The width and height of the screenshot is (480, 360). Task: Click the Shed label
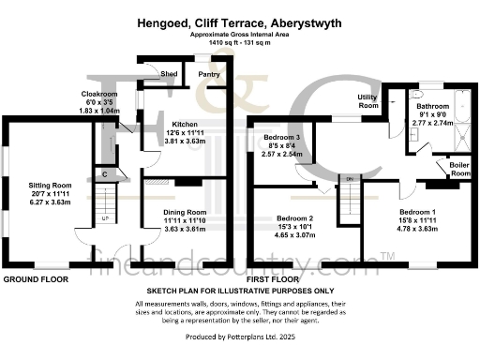(170, 73)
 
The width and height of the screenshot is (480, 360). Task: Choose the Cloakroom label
(99, 95)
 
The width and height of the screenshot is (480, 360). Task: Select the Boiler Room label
(460, 169)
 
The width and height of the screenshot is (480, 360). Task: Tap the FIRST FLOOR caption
(272, 279)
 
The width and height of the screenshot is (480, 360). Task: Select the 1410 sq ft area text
(239, 40)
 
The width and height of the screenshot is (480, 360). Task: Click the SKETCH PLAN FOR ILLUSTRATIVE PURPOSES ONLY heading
(239, 292)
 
